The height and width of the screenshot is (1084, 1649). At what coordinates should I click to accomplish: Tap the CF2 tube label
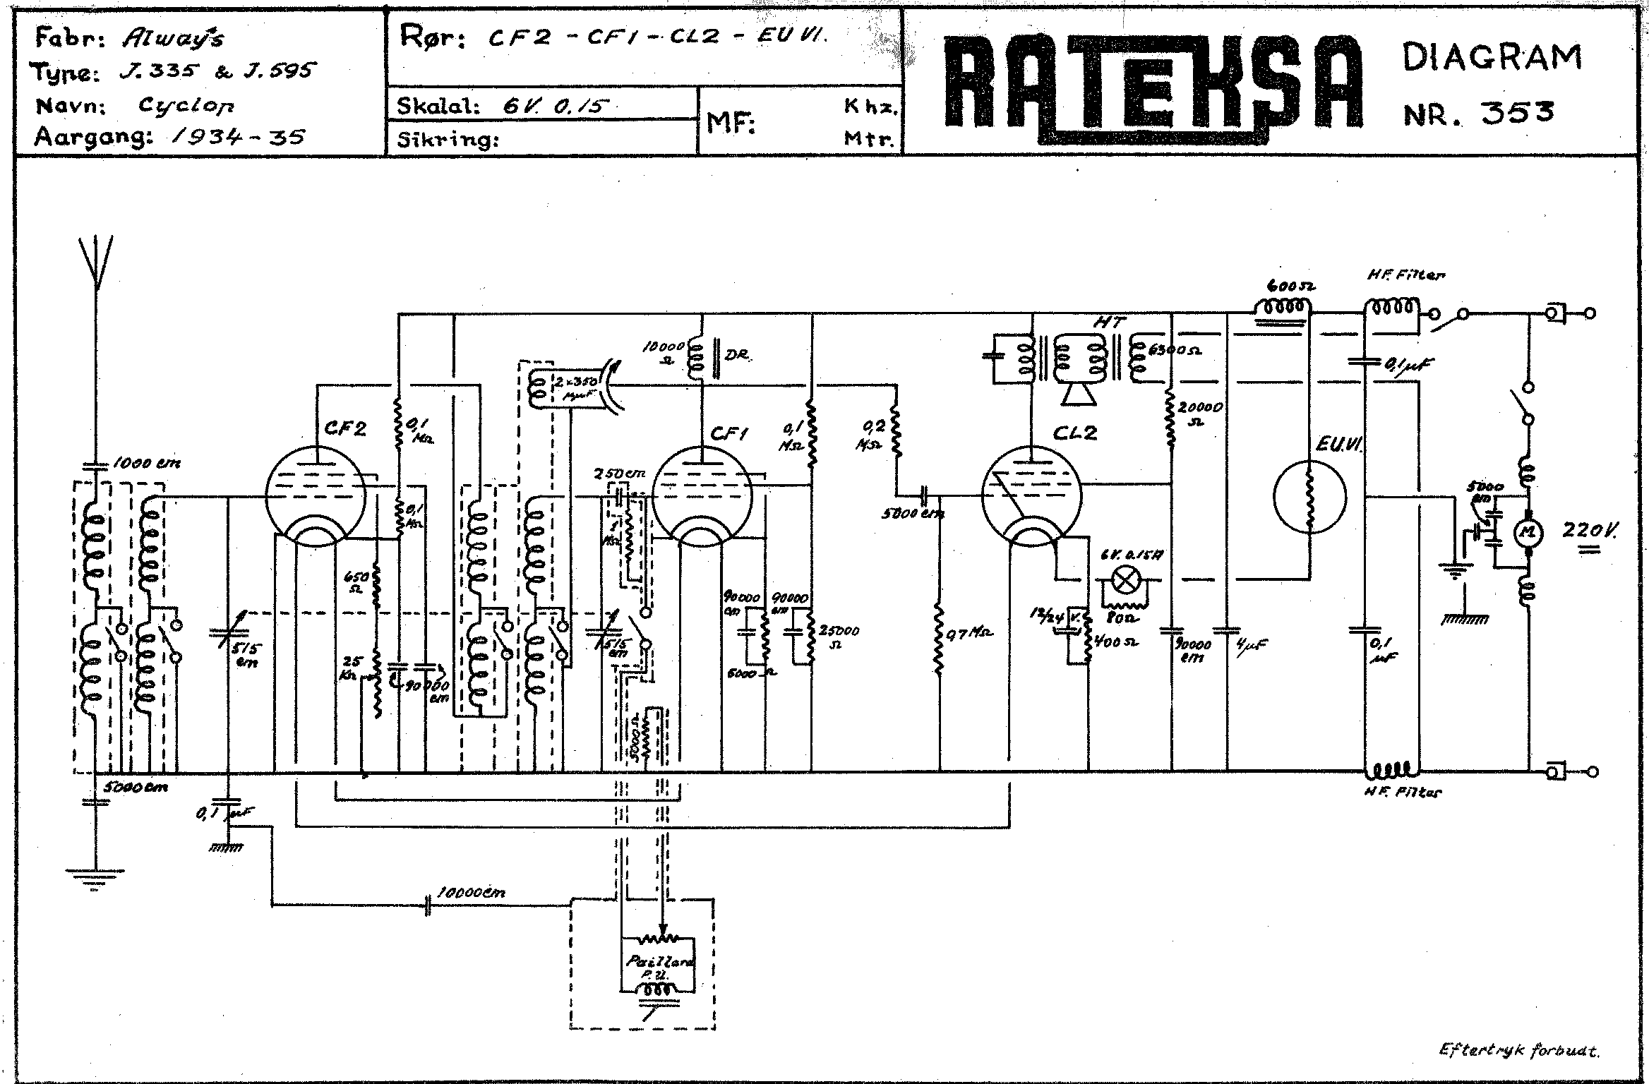pos(346,429)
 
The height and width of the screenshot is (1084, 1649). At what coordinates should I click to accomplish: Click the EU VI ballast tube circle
pos(1309,497)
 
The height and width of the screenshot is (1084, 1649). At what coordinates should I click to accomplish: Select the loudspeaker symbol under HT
pos(1079,396)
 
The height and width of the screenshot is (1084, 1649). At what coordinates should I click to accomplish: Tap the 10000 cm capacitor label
pos(471,892)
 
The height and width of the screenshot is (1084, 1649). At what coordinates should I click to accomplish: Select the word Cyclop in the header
pos(186,105)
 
